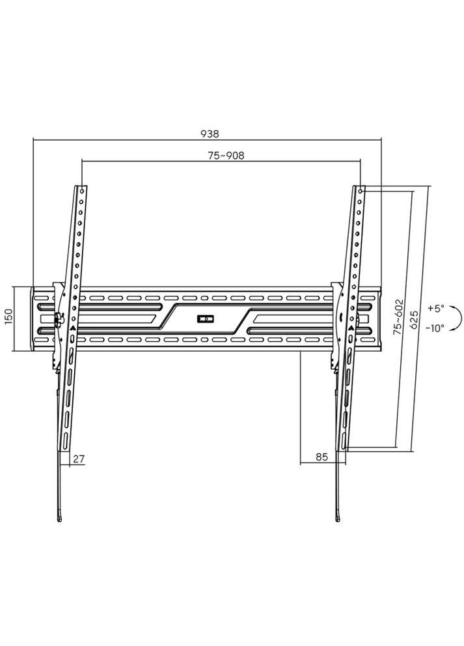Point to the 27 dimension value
coord(79,458)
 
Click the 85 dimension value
coord(321,457)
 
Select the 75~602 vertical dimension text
coord(399,318)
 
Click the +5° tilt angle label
coord(435,307)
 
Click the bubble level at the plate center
coord(205,319)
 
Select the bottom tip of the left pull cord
coord(61,518)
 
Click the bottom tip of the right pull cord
coord(338,518)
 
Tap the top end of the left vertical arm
coord(81,190)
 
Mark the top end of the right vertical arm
coord(360,190)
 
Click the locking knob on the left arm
coord(57,319)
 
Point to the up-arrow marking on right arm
coord(350,328)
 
